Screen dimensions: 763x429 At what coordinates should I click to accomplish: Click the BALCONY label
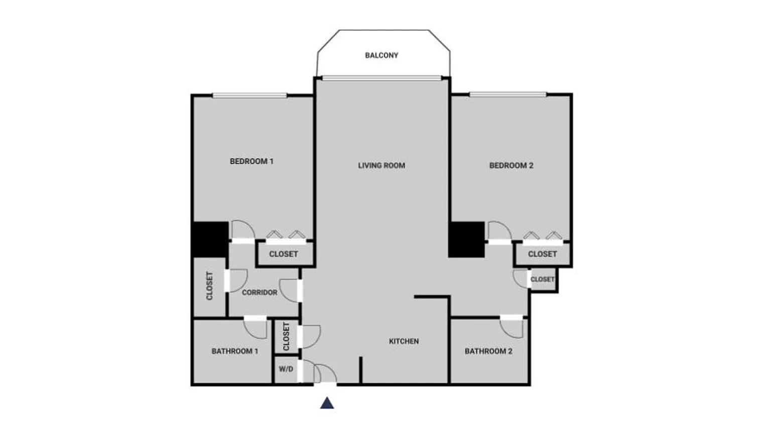381,55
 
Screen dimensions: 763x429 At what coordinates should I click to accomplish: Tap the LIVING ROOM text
381,166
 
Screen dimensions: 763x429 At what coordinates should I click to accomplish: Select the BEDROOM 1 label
251,162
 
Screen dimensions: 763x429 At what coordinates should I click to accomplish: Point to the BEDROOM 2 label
512,166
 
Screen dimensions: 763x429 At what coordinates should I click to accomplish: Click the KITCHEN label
404,341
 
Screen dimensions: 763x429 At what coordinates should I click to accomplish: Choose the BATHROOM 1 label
235,351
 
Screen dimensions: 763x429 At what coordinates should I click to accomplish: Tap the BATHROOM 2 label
488,351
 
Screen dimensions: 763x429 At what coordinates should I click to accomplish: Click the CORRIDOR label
260,293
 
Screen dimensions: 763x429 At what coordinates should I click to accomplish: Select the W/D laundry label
286,369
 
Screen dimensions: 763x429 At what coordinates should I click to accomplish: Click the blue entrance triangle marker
327,403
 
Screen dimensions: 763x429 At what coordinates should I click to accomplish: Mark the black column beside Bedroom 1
210,239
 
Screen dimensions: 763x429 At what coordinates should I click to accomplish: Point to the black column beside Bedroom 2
466,239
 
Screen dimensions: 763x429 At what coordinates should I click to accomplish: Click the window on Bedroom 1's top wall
249,95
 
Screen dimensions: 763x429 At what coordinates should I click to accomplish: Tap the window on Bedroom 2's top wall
508,94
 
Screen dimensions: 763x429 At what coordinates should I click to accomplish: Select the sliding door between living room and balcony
381,78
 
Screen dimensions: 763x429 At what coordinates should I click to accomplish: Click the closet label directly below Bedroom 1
284,254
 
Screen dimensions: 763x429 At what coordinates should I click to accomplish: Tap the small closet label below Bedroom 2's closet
542,279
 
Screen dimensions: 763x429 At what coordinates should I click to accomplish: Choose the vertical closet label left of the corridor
209,286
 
